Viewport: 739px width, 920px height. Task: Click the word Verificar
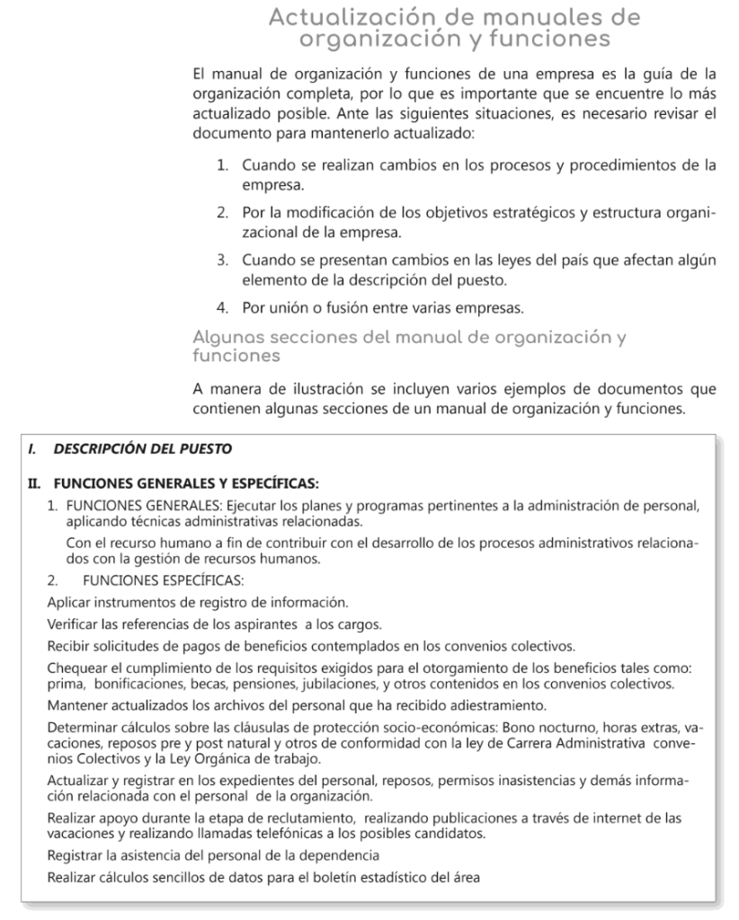[75, 624]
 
